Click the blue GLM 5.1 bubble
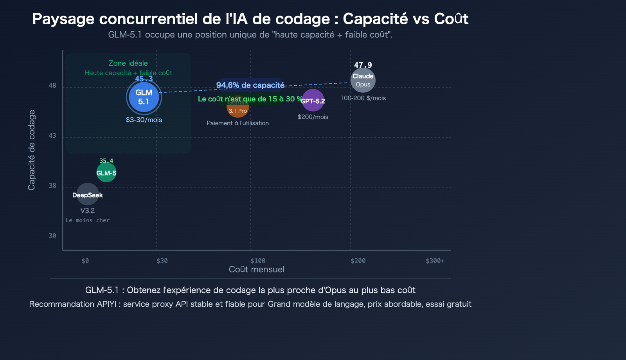tap(144, 97)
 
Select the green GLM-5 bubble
tap(106, 173)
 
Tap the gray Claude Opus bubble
tap(363, 80)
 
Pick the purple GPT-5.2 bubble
tap(313, 101)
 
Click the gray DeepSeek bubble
tap(87, 194)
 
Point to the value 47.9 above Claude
tap(363, 65)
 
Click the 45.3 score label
tap(144, 79)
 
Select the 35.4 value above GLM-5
tap(106, 161)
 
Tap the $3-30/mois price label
tap(144, 120)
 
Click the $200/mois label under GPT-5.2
tap(313, 117)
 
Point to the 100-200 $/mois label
tap(363, 98)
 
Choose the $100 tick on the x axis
tap(258, 261)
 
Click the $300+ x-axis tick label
tap(435, 261)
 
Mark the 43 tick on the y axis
tap(52, 136)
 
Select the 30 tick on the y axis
tap(52, 236)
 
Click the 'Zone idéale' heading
tap(128, 63)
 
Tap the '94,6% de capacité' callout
tap(250, 85)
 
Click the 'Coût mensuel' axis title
tap(257, 270)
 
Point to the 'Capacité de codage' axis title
tap(32, 150)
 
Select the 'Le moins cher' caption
tap(88, 220)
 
